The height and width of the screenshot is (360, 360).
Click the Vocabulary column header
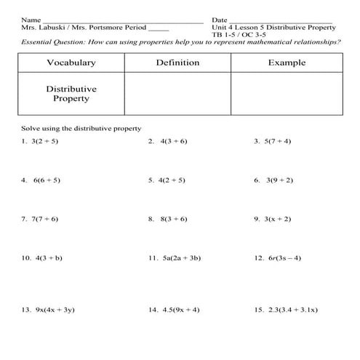[71, 63]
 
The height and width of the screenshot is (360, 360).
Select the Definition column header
[177, 63]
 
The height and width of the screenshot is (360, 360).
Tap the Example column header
[287, 63]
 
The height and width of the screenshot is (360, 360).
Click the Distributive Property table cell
[71, 93]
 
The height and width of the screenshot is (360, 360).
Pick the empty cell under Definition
[177, 93]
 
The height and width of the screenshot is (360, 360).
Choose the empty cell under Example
[287, 93]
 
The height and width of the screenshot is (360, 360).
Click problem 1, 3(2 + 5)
[42, 141]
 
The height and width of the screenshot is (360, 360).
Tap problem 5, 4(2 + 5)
[167, 180]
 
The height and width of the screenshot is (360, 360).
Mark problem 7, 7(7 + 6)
[42, 218]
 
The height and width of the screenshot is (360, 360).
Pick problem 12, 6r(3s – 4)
[279, 257]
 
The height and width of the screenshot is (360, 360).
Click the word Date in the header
[220, 19]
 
